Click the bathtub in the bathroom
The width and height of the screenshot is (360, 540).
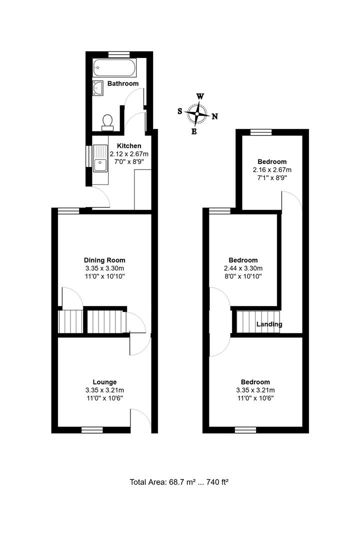(x=114, y=67)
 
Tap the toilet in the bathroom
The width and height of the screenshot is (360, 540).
(x=107, y=123)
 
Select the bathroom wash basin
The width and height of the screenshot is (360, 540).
(x=98, y=88)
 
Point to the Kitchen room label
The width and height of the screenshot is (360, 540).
(x=129, y=145)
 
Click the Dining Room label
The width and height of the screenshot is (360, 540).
(x=104, y=260)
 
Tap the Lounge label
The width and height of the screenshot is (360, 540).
(x=104, y=382)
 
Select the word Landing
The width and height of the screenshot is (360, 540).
(x=269, y=324)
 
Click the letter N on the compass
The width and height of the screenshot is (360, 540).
(x=215, y=116)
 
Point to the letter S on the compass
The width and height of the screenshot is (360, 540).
(x=180, y=111)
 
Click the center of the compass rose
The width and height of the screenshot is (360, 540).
(x=197, y=113)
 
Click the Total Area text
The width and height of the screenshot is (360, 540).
(x=179, y=482)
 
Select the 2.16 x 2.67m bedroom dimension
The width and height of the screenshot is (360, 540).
(x=272, y=170)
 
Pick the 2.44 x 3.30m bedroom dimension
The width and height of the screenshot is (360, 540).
(x=243, y=268)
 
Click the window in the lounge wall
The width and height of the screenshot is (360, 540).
(x=92, y=430)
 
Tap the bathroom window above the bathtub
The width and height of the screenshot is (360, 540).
(x=118, y=54)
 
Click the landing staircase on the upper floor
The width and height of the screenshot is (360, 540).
(x=257, y=322)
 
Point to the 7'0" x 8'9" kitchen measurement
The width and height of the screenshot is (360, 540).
(x=129, y=161)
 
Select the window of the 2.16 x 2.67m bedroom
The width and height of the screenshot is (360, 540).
(x=261, y=132)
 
